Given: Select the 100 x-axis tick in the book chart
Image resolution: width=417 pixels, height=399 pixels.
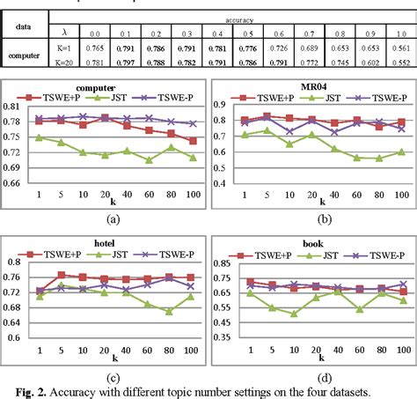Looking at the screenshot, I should click(401, 349).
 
